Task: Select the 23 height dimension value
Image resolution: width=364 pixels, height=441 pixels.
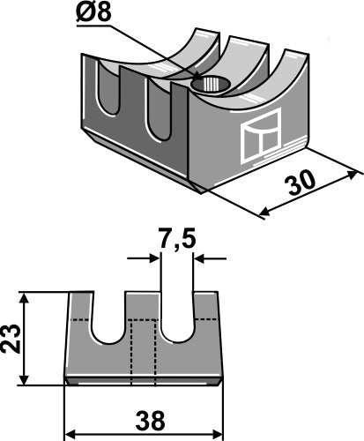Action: (11, 338)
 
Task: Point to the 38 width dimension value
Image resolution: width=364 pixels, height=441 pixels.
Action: (150, 421)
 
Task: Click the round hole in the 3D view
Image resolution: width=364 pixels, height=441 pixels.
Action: (211, 84)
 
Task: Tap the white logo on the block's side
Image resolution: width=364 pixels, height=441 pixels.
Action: (261, 136)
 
